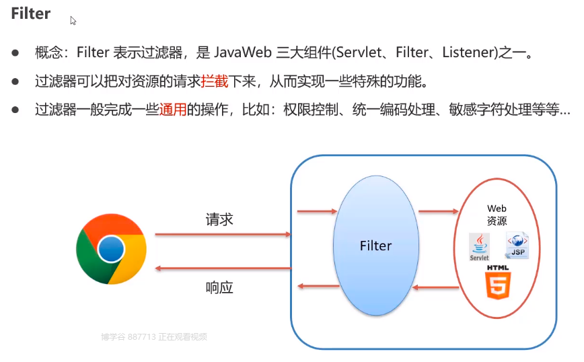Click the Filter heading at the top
(x=30, y=14)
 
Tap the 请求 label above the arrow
(x=219, y=219)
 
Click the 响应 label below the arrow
(x=219, y=288)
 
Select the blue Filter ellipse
(x=375, y=246)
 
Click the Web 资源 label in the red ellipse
(x=497, y=215)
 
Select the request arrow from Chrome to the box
(x=222, y=235)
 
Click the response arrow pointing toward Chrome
(x=222, y=268)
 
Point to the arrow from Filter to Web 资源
(x=438, y=212)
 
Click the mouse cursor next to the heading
(x=73, y=20)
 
